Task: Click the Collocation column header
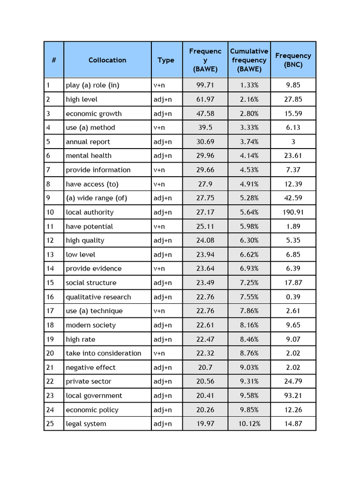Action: tap(107, 60)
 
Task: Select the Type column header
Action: tap(166, 60)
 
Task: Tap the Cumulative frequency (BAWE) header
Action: tap(249, 60)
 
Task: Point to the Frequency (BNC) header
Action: tap(293, 60)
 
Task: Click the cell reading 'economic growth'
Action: tap(94, 113)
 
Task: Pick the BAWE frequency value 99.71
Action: tap(205, 85)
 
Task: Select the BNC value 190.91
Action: tap(293, 212)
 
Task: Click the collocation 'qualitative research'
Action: tap(98, 297)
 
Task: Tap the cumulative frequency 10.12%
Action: tap(249, 424)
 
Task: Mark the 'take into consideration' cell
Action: tap(104, 353)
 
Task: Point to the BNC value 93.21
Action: tap(293, 396)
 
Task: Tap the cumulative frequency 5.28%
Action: tap(249, 198)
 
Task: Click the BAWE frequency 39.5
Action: tap(205, 127)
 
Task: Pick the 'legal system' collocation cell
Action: tap(86, 424)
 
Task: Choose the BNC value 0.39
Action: tap(293, 297)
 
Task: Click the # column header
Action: tap(54, 60)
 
